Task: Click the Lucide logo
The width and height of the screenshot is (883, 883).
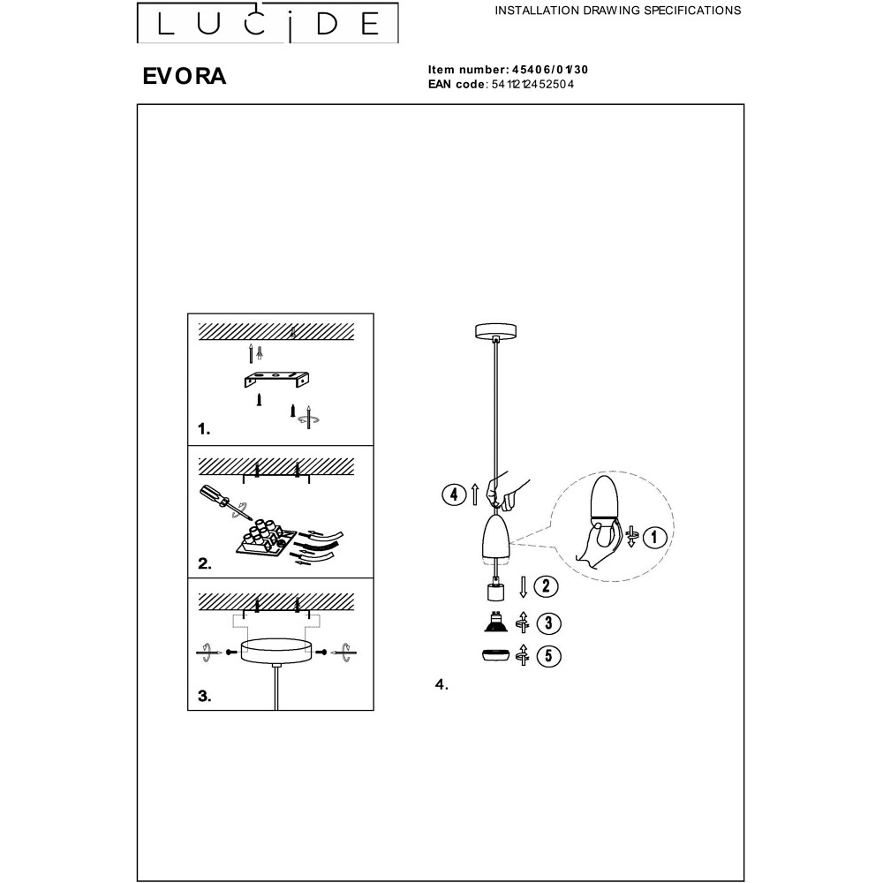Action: (268, 23)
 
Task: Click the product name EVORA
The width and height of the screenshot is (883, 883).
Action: (185, 76)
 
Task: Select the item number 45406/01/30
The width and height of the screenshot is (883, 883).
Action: (549, 70)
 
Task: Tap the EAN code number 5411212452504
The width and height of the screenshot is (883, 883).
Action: (532, 85)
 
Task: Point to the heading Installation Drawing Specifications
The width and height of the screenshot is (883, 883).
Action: (618, 10)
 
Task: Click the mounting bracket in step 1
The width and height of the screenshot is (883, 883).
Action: (276, 379)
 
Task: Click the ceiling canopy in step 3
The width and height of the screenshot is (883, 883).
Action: (275, 651)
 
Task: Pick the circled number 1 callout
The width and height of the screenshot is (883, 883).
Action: (653, 537)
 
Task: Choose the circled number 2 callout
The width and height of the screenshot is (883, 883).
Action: (546, 586)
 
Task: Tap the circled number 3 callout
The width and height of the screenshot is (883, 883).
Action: (548, 623)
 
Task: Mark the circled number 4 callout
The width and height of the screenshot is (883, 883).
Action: (455, 495)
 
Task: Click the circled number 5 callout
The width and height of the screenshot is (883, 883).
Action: (548, 656)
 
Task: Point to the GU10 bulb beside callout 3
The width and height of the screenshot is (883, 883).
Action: (496, 621)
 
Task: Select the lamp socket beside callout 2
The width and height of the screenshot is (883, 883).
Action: (495, 592)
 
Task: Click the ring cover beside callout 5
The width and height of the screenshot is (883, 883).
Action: (495, 655)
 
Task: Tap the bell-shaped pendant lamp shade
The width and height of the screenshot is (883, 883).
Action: (495, 538)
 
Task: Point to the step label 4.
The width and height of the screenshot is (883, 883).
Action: (441, 685)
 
